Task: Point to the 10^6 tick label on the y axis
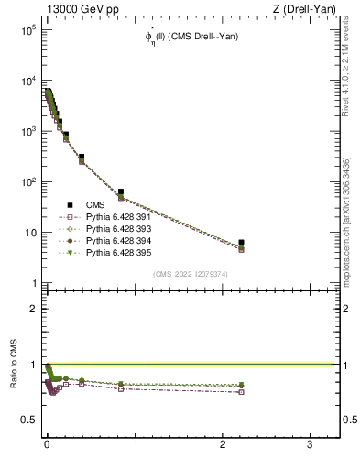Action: point(25,30)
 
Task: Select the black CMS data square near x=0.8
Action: point(121,192)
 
